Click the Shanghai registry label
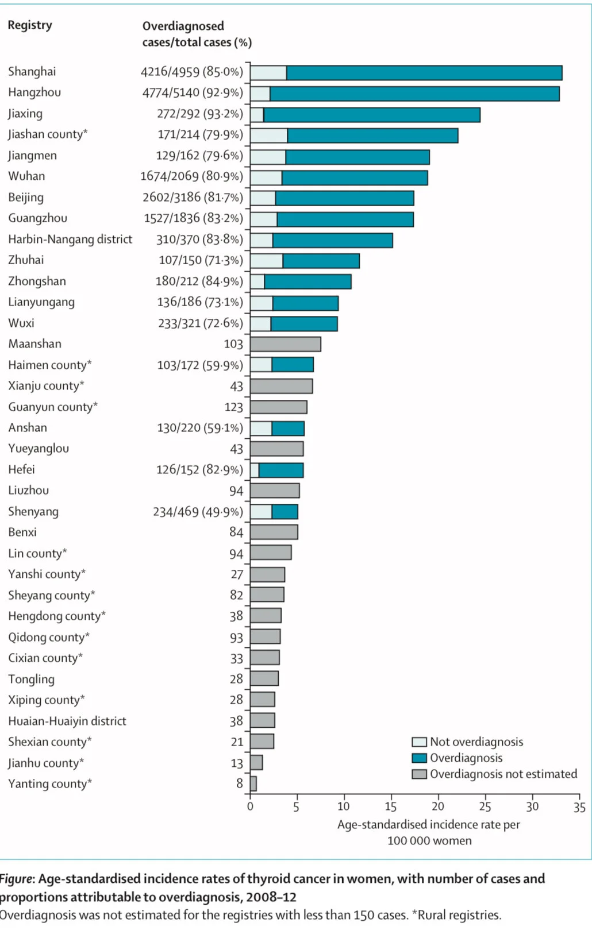32,72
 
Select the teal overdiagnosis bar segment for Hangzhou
414,94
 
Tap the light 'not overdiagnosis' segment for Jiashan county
268,136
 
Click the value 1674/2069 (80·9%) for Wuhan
191,176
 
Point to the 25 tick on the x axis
485,806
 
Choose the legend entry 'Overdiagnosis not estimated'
503,774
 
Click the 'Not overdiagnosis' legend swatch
419,742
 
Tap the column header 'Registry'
30,25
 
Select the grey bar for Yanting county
253,784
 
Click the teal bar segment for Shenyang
285,512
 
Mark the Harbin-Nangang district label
70,240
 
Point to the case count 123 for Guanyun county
234,407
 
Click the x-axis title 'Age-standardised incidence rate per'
428,825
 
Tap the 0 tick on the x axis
250,806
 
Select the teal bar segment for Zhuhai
321,261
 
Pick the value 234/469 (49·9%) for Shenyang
198,512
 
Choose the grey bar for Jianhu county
256,763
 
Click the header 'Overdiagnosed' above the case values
183,26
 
